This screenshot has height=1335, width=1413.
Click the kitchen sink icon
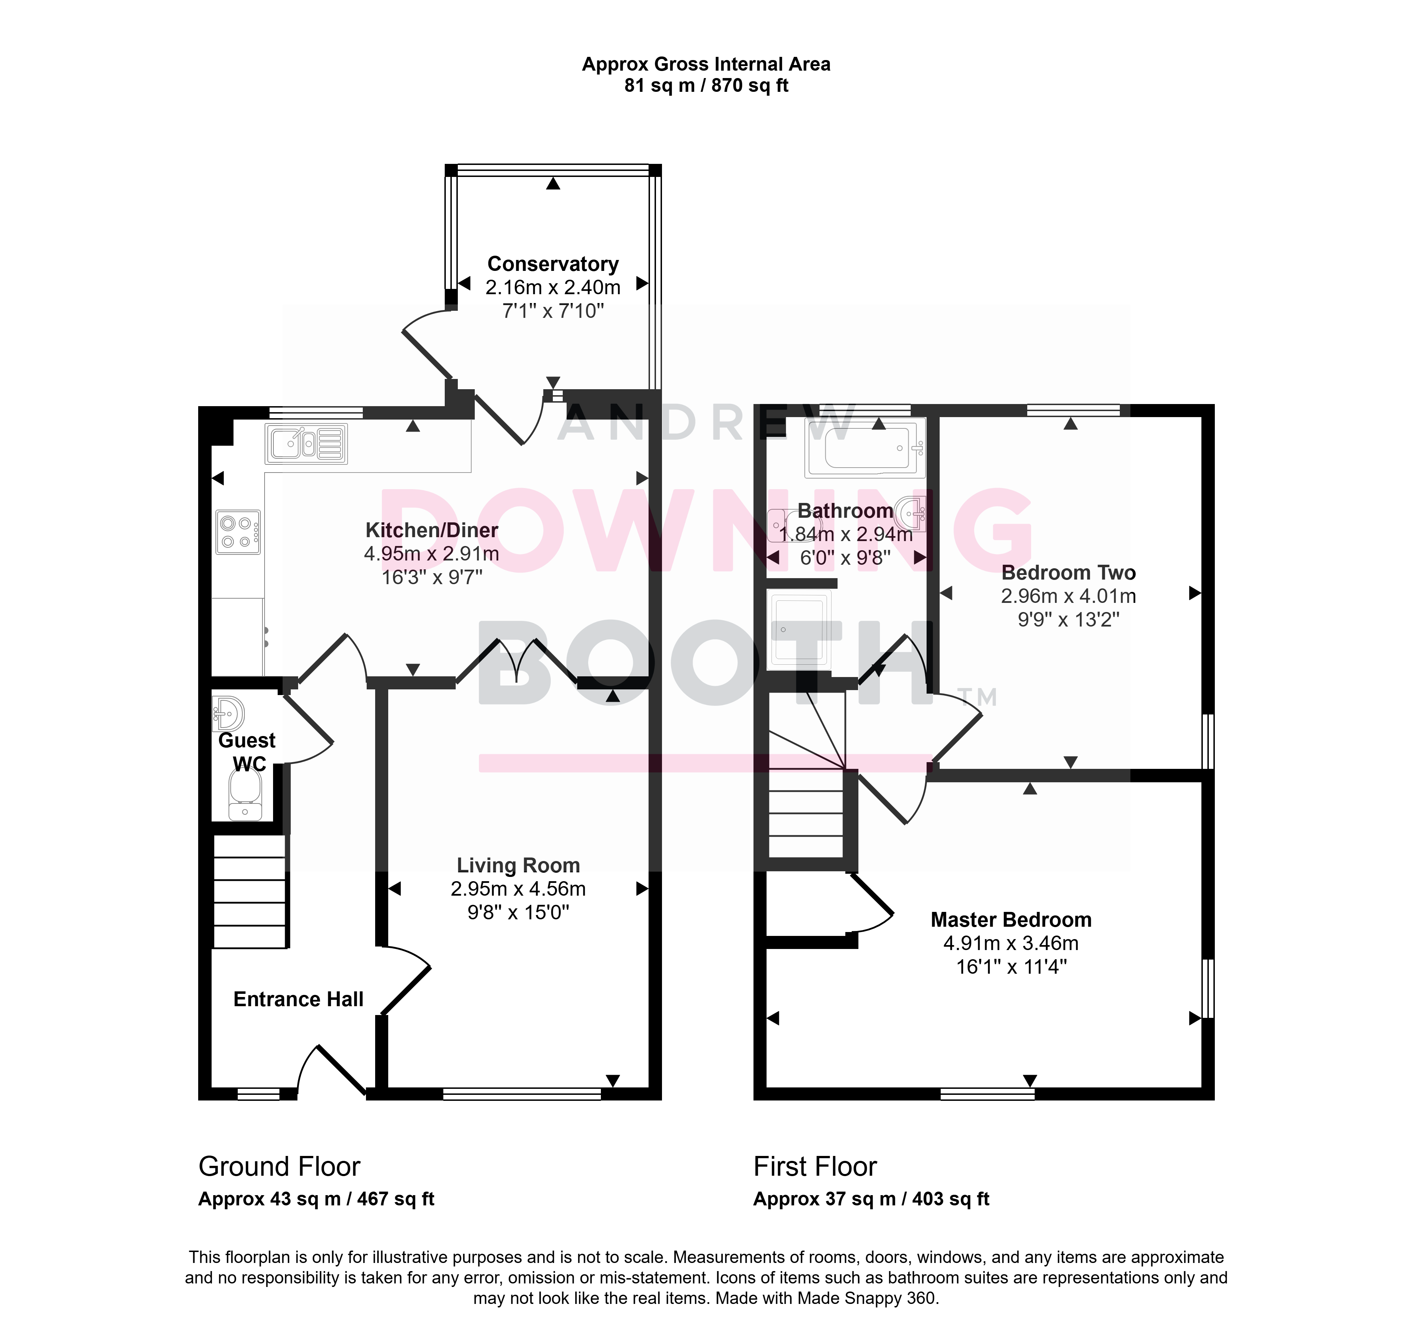pyautogui.click(x=306, y=444)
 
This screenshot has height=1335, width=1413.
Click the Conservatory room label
pyautogui.click(x=553, y=264)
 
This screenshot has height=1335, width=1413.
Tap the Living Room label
pyautogui.click(x=518, y=865)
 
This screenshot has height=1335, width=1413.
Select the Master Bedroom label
pyautogui.click(x=1011, y=919)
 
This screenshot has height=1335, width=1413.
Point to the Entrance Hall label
pyautogui.click(x=298, y=999)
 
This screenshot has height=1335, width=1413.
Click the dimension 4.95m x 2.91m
pyautogui.click(x=431, y=554)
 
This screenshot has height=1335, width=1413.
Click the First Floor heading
pyautogui.click(x=815, y=1167)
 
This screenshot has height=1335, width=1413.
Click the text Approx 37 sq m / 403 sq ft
pyautogui.click(x=871, y=1199)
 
